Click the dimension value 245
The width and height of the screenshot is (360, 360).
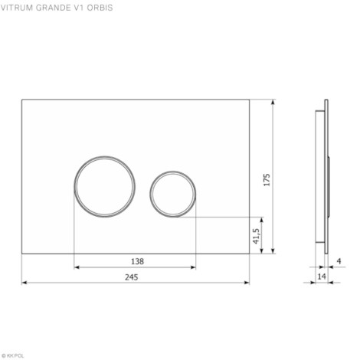131,277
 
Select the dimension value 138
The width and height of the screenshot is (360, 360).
137,261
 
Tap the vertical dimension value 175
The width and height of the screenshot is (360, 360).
267,180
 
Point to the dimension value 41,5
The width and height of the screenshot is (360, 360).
257,236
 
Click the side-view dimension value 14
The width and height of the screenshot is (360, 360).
322,277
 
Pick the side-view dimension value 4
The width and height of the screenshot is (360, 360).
339,261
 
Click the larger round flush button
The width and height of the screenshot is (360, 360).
105,156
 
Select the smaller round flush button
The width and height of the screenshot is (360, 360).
173,172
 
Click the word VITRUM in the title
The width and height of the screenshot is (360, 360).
17,8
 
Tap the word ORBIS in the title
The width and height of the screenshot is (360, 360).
100,8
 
